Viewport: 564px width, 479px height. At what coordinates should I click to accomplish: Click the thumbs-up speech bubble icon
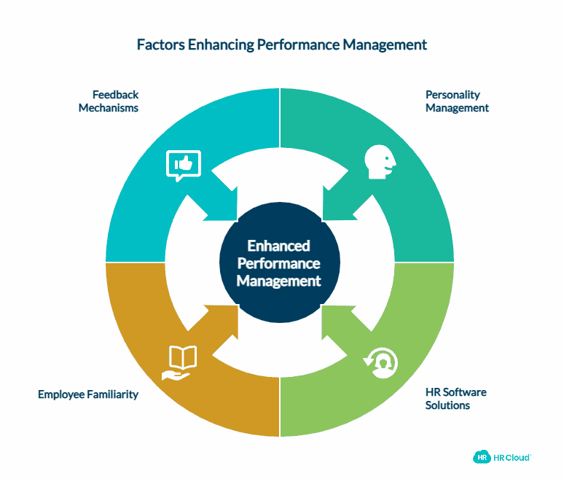(183, 165)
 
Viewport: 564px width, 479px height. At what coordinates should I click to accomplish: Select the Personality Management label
(457, 101)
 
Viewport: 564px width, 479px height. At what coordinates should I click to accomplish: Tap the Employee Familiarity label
(87, 394)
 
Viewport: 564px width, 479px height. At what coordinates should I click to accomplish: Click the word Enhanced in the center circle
(278, 246)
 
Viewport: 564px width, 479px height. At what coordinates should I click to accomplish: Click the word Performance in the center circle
(278, 263)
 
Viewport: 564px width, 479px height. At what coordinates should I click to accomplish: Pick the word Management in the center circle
(278, 281)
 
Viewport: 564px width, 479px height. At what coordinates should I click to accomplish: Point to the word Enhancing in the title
(227, 44)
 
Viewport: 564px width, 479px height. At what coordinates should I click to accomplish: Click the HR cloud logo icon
(482, 456)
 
